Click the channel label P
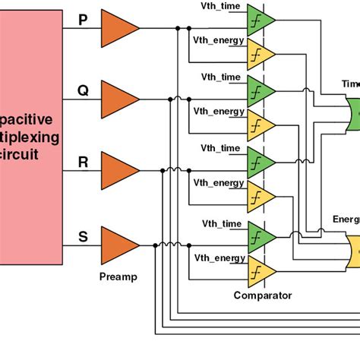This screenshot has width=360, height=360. click(83, 21)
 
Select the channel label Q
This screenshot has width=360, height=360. click(83, 91)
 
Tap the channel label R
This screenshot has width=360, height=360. click(83, 161)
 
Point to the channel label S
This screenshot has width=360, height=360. click(83, 237)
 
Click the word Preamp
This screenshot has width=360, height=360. click(118, 277)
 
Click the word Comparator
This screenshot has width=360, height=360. click(262, 295)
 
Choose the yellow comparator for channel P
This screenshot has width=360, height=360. click(260, 53)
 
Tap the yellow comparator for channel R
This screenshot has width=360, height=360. click(260, 196)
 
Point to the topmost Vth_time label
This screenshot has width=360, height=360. click(222, 7)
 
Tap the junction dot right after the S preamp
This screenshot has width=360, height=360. click(155, 245)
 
